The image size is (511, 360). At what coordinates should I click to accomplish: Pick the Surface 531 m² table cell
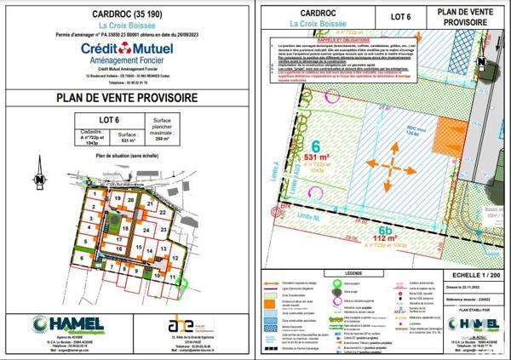pos(128,137)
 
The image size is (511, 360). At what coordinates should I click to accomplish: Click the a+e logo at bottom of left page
pos(181,325)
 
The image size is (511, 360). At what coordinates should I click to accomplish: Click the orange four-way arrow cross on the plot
pos(385,163)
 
